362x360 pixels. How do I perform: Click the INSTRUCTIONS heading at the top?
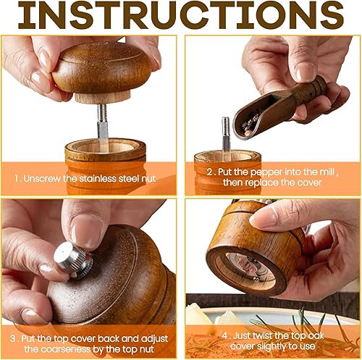181,15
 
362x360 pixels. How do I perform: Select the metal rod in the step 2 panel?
226,136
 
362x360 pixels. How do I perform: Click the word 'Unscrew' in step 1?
42,179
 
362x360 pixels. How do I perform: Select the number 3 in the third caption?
12,338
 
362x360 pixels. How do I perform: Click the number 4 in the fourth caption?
224,335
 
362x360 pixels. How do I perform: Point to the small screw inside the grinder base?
256,279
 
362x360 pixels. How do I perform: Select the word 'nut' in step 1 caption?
149,179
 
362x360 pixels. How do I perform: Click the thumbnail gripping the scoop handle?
305,72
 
